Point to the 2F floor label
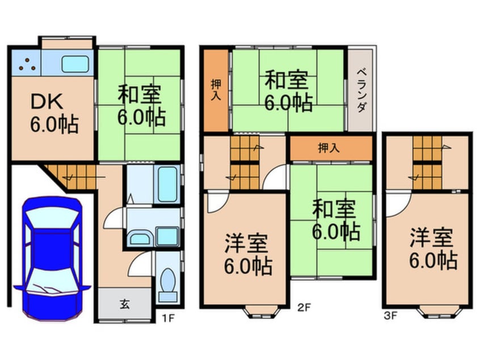(304, 309)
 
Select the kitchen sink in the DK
(74, 64)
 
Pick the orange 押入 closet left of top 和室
(216, 90)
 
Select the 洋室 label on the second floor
(248, 254)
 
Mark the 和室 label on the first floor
(140, 106)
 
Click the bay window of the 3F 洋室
(439, 311)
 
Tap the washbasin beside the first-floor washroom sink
(140, 237)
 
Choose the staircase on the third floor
(428, 163)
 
